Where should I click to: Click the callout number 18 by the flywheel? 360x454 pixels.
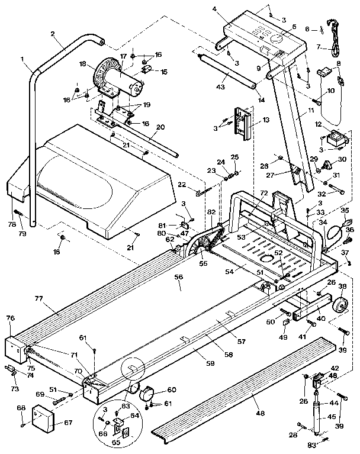(82, 64)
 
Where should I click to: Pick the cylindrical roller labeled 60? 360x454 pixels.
(147, 394)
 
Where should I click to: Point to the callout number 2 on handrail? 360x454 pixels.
(53, 34)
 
